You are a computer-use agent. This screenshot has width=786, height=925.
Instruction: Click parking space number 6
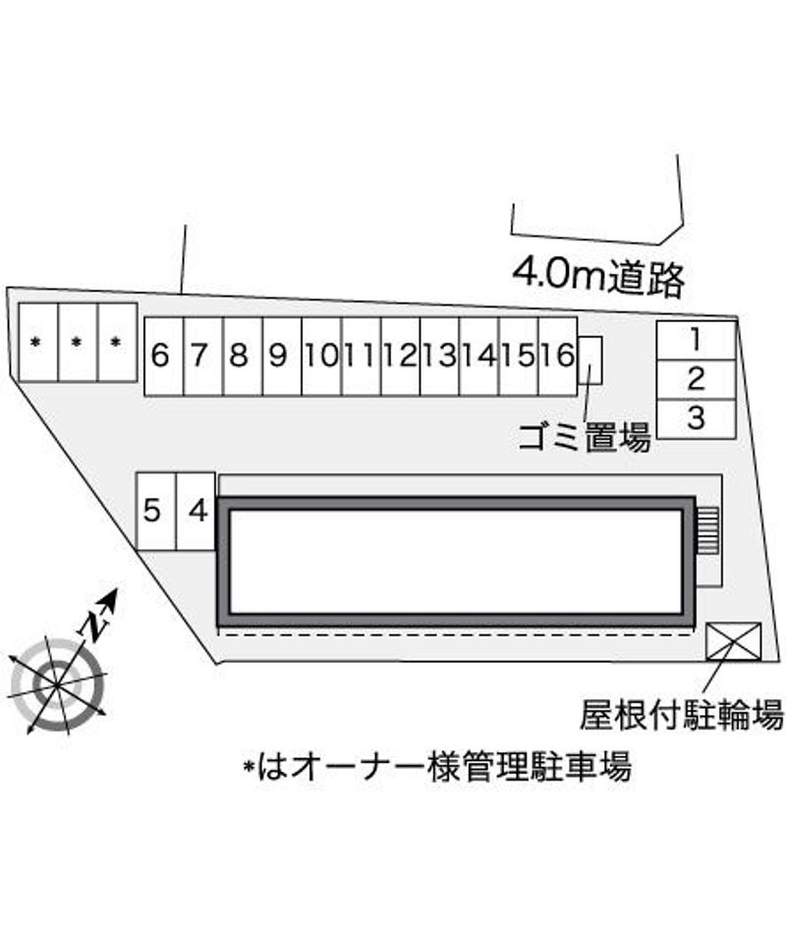164,356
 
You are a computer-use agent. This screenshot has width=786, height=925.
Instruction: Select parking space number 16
558,356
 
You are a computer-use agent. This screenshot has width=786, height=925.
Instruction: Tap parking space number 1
697,341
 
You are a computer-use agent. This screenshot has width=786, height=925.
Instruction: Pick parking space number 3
697,419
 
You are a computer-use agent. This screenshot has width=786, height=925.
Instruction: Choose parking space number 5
156,512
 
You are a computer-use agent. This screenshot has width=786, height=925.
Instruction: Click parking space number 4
196,512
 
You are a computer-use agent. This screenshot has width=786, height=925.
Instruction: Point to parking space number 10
321,356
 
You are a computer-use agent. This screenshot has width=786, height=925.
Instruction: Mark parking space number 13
439,356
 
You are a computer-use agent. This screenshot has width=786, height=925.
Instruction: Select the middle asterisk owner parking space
78,342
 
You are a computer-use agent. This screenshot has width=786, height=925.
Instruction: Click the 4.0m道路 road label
598,277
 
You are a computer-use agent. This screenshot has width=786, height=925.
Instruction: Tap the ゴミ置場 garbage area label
585,437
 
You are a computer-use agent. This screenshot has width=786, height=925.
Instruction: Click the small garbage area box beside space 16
589,360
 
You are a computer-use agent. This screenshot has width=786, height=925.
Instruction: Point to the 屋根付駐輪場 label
682,715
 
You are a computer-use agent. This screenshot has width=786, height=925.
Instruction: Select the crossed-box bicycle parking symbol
734,641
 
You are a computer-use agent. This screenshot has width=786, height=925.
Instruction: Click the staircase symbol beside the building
707,529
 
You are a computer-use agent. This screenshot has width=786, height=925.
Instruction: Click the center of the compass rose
57,684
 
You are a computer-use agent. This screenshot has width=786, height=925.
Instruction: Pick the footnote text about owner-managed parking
437,766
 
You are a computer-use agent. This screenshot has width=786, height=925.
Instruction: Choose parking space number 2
697,379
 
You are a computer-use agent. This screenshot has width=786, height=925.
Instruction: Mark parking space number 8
243,356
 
